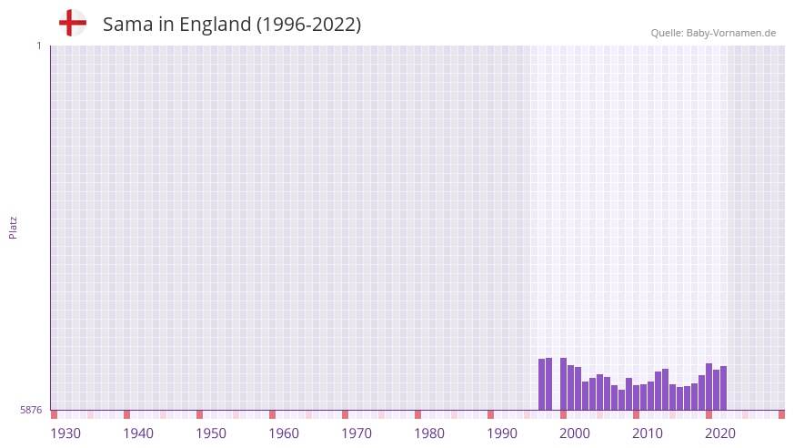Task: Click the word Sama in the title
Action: [127, 25]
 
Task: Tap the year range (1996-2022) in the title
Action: [308, 25]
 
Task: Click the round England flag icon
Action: [73, 23]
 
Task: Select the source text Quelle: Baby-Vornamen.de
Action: [713, 33]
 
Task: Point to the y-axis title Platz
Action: [13, 227]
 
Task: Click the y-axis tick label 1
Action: [38, 46]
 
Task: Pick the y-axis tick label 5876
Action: [31, 410]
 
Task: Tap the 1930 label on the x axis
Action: [65, 433]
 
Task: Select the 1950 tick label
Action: [211, 433]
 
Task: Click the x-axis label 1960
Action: [284, 433]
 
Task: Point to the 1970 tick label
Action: [357, 433]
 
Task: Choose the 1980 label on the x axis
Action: [429, 433]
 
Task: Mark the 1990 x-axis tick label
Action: [502, 433]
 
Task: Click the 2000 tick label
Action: [575, 433]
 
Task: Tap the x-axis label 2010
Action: [648, 433]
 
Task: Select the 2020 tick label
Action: [720, 433]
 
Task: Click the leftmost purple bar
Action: [541, 384]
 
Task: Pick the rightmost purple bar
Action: [723, 388]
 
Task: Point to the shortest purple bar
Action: [621, 400]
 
